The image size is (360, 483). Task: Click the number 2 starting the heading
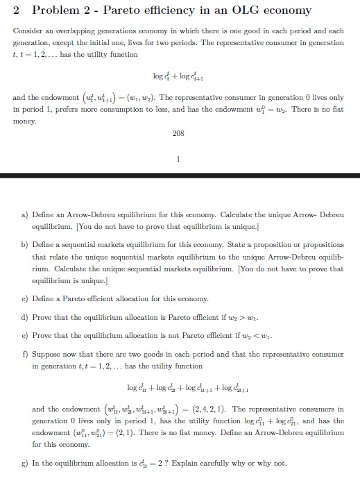pyautogui.click(x=17, y=10)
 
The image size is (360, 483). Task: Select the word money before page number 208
pyautogui.click(x=24, y=119)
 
